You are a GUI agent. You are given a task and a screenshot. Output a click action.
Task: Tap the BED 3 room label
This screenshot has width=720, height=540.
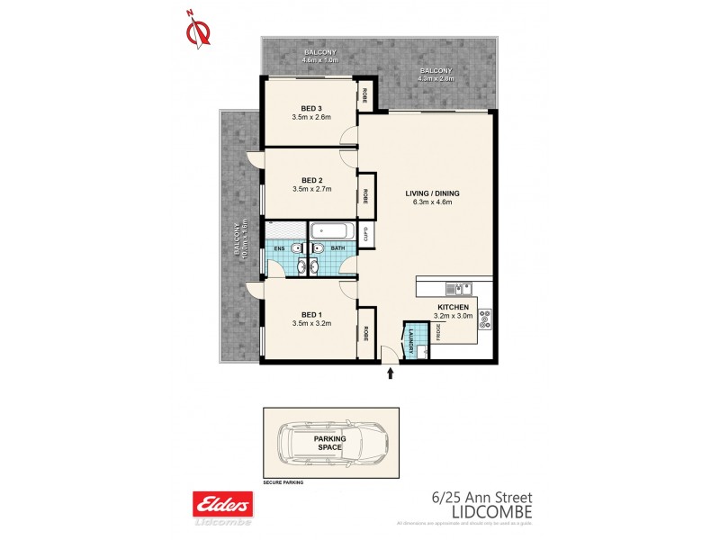[311, 109]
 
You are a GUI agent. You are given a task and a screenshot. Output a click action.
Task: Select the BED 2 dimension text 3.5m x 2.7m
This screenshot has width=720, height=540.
[311, 189]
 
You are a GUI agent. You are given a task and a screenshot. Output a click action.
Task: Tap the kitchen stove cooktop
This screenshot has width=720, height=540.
[485, 317]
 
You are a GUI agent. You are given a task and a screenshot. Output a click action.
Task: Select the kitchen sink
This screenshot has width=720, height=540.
[457, 289]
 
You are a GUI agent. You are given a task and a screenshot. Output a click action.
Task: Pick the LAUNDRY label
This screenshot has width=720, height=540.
[410, 341]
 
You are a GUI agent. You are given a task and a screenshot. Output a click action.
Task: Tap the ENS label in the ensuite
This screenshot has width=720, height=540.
[279, 247]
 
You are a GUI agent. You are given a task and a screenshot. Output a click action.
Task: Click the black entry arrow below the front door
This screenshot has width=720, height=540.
[390, 373]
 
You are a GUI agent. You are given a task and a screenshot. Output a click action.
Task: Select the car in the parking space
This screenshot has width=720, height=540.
[330, 443]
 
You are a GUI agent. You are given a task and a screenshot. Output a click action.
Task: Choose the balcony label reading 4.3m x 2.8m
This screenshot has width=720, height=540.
[435, 78]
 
